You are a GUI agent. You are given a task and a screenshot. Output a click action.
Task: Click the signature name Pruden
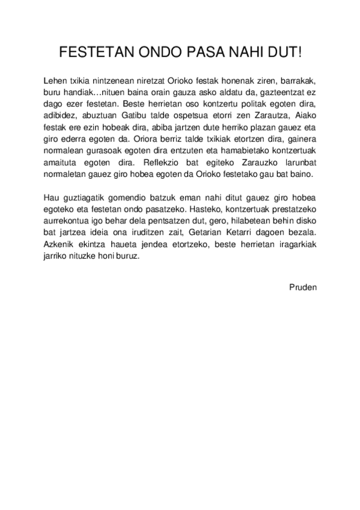302,287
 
